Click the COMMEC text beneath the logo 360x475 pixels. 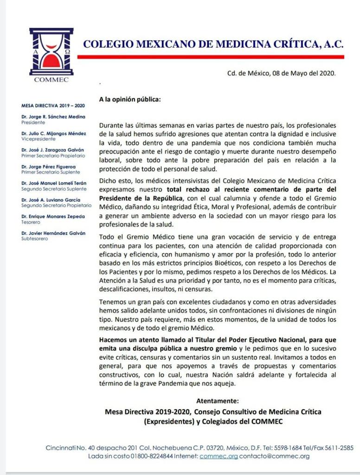pyautogui.click(x=51, y=80)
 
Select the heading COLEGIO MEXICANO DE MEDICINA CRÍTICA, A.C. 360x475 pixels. pyautogui.click(x=213, y=45)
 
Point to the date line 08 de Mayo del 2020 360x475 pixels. pyautogui.click(x=281, y=73)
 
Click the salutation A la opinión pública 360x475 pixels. pyautogui.click(x=129, y=99)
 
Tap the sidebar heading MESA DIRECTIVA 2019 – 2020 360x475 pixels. pyautogui.click(x=50, y=106)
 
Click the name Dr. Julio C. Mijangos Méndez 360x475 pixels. pyautogui.click(x=53, y=134)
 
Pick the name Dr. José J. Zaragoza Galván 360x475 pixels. pyautogui.click(x=53, y=150)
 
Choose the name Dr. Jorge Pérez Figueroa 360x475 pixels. pyautogui.click(x=48, y=167)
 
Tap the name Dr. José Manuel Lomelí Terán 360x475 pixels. pyautogui.click(x=54, y=183)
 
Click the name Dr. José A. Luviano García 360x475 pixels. pyautogui.click(x=51, y=200)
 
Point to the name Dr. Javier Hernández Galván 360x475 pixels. pyautogui.click(x=53, y=233)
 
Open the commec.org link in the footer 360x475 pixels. pyautogui.click(x=219, y=456)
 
